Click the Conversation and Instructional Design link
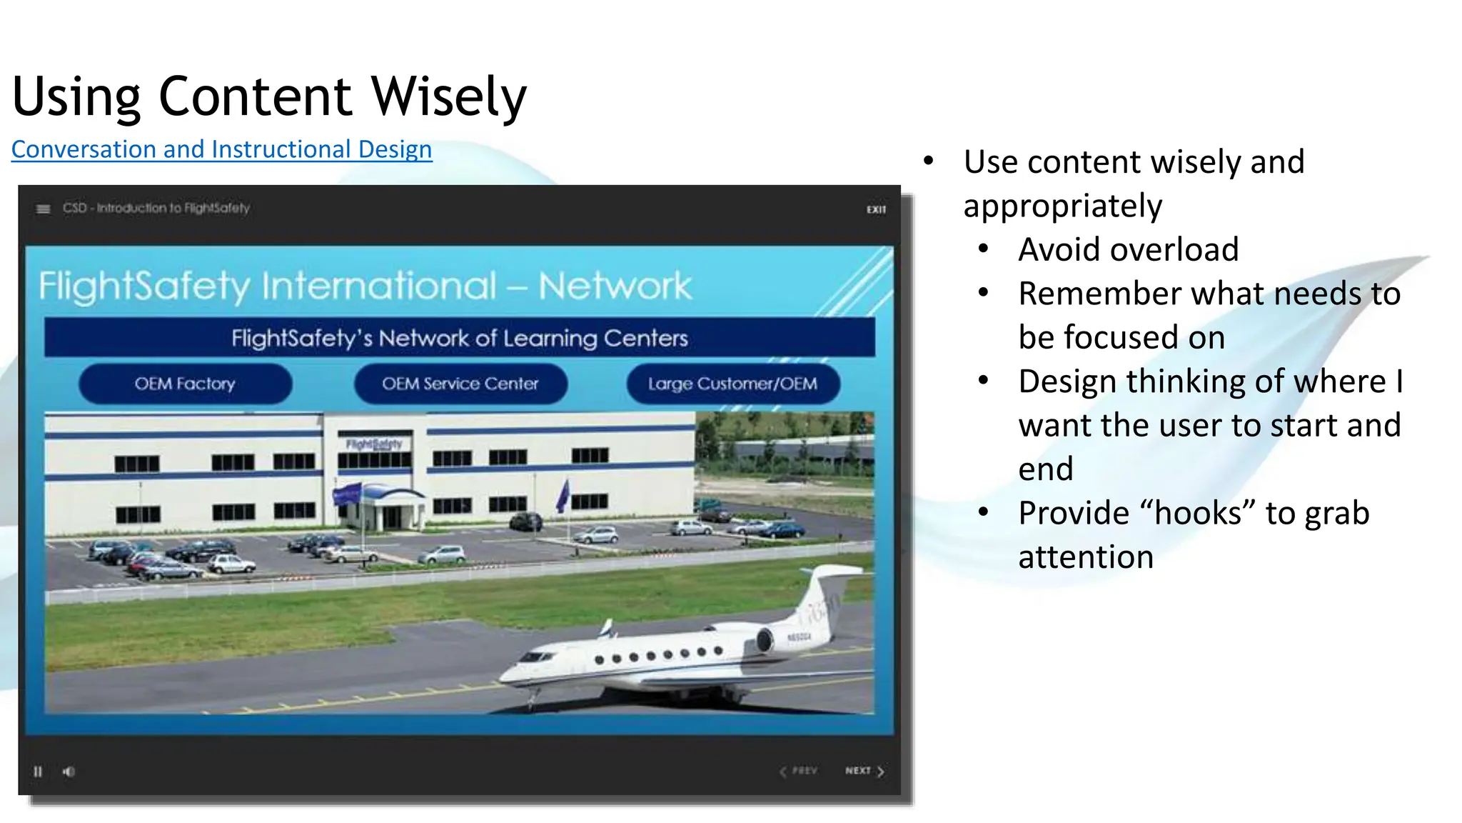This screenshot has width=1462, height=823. (x=221, y=149)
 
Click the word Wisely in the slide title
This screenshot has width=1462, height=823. (x=448, y=96)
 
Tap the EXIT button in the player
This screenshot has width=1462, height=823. (x=876, y=209)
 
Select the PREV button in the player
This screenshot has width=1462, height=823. (x=799, y=771)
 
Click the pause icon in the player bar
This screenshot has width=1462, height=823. (x=38, y=772)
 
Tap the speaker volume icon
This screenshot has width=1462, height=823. (x=69, y=772)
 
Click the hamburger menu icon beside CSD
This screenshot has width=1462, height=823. (x=44, y=209)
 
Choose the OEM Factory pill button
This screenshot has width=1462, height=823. (x=185, y=384)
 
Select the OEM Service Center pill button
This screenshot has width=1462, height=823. (x=460, y=384)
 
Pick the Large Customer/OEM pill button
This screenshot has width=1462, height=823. (x=732, y=384)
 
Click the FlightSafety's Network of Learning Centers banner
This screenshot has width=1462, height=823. (x=459, y=337)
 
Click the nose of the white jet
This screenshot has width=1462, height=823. (x=508, y=674)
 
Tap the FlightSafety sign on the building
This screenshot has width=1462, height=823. (x=374, y=444)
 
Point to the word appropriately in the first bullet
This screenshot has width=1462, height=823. (x=1062, y=206)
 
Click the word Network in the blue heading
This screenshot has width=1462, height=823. (x=615, y=286)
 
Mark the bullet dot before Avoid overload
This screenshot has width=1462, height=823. (x=984, y=249)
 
